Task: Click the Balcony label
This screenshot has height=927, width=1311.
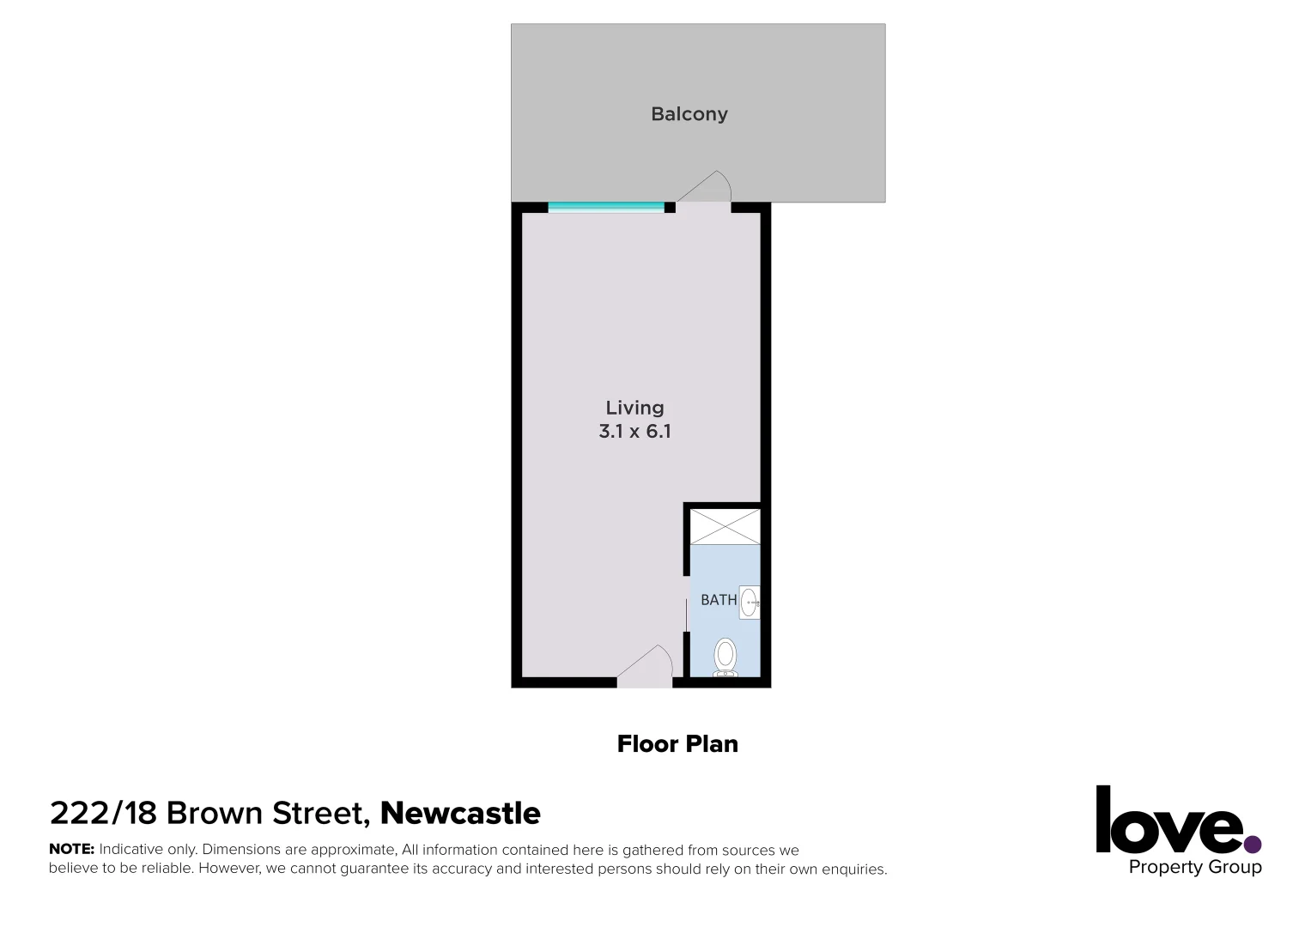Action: [689, 114]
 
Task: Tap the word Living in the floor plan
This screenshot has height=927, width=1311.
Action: [634, 409]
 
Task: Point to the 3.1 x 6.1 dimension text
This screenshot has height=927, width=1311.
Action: [634, 432]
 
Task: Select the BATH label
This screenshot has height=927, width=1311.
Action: [719, 600]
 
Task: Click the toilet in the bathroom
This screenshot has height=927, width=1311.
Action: [725, 657]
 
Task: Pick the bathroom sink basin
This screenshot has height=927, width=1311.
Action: [750, 602]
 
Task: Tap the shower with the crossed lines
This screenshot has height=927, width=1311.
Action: [725, 526]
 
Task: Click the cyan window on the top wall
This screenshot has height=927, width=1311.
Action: [606, 206]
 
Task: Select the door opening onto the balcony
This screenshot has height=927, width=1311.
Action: [704, 191]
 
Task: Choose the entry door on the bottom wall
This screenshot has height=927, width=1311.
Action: [645, 669]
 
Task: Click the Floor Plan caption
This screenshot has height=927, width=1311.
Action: [677, 744]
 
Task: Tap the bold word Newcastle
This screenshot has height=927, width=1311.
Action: [460, 813]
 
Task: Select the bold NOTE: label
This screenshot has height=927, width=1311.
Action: [71, 850]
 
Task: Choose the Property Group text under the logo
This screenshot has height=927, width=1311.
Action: [1194, 867]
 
